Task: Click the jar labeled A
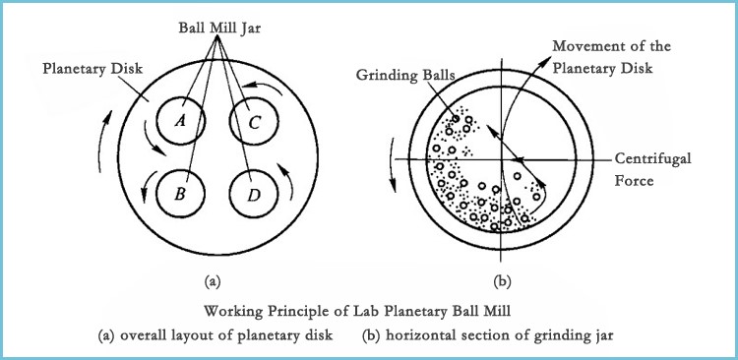[180, 121]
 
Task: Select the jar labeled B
[181, 193]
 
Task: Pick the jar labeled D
[252, 194]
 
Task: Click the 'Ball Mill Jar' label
[217, 26]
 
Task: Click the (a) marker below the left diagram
[211, 281]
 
